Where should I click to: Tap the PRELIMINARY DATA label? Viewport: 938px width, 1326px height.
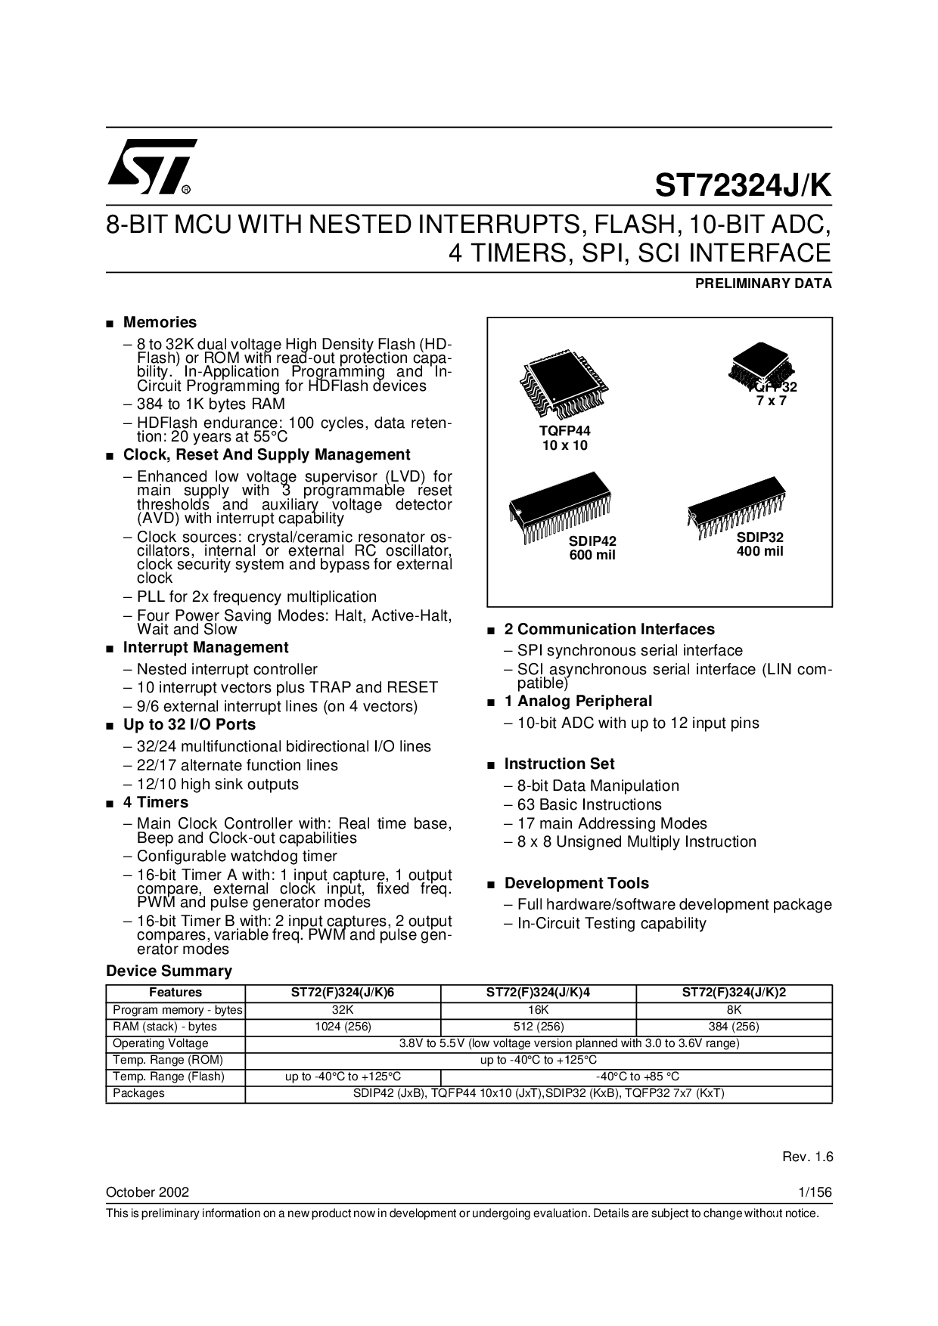click(x=763, y=284)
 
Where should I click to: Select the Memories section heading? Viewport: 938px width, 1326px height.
click(x=160, y=322)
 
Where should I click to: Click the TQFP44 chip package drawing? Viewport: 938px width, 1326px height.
click(x=564, y=388)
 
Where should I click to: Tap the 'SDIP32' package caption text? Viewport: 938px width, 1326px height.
click(x=760, y=538)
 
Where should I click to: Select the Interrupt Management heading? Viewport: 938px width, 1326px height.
click(x=205, y=647)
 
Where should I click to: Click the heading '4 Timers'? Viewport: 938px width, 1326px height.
click(x=156, y=802)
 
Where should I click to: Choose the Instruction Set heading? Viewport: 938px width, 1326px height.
click(x=559, y=764)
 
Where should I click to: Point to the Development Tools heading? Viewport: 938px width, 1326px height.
click(x=576, y=883)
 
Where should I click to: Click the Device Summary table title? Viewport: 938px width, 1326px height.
click(x=169, y=971)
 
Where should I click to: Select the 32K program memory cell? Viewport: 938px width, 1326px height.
click(x=343, y=1010)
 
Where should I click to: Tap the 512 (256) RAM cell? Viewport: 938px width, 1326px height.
click(x=538, y=1027)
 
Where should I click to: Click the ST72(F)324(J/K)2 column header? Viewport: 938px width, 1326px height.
click(x=734, y=993)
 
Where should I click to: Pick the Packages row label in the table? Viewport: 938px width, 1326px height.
click(x=138, y=1093)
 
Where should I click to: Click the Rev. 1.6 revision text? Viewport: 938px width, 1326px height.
click(x=806, y=1157)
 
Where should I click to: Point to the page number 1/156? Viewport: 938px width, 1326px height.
click(x=815, y=1192)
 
